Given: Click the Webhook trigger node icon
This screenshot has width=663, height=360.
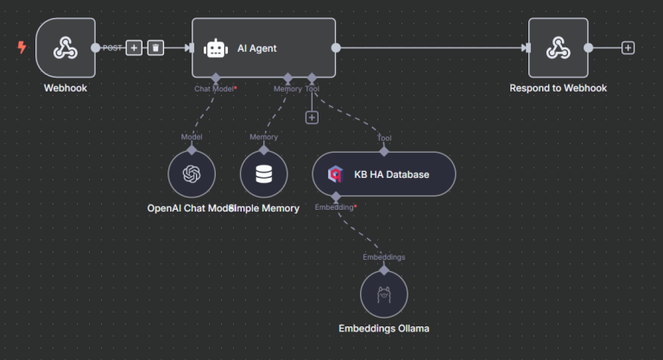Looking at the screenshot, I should coord(66,48).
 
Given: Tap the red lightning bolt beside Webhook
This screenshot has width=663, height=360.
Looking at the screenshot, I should coord(22,48).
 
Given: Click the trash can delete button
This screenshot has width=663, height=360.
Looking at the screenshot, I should coord(155,48).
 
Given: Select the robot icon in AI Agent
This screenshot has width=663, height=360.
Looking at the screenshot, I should coord(215,48).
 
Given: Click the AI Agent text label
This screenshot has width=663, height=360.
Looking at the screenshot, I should coord(257,48).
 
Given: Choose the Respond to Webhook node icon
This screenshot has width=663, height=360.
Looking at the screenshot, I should coord(558,48).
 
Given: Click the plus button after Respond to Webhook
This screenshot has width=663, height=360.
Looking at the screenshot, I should coord(628,48).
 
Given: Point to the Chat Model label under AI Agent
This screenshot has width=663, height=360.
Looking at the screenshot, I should coord(214,89).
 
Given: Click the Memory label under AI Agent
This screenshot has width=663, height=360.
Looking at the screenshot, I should coord(287,89).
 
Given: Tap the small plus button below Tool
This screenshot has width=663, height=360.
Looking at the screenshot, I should coord(313,117).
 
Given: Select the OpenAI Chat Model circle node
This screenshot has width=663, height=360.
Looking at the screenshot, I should coord(192,174).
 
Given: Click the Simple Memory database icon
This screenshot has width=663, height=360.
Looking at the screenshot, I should coord(263,174).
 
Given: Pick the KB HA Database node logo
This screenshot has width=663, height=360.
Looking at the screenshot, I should coord(335,174).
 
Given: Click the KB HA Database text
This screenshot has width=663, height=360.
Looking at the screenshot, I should coord(391,174).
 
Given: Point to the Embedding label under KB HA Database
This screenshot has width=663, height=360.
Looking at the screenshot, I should coord(335,207).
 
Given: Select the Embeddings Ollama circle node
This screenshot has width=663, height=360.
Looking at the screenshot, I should coord(383,294).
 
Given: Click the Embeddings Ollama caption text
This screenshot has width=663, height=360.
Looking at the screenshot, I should coord(383,328).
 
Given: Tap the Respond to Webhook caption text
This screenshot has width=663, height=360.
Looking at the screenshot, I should coord(558,88).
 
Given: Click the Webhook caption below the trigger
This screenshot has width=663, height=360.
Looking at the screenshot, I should coord(66,88).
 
